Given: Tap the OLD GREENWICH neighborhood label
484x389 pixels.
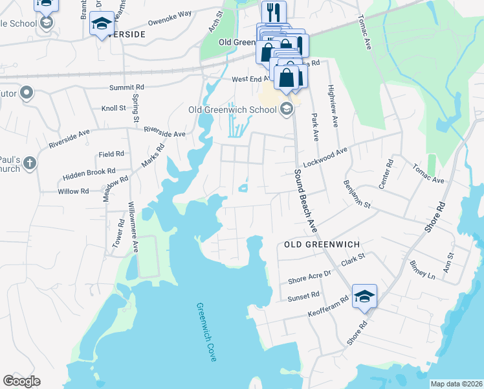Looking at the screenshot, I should click(322, 244).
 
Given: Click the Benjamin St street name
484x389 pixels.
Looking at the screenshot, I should click(357, 194).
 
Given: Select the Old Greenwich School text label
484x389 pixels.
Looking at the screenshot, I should click(232, 110).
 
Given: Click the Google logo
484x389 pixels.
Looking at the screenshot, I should click(21, 381).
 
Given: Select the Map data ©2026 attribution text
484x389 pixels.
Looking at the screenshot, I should click(456, 384).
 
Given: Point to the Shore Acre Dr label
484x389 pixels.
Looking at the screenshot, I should click(309, 277).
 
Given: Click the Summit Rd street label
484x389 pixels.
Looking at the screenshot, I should click(126, 86).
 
